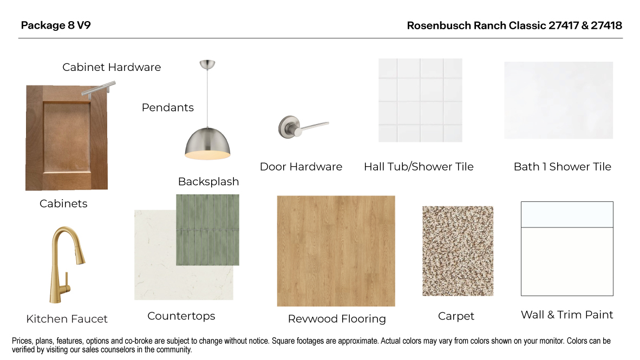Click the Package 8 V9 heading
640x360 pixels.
56,25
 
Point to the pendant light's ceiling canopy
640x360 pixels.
207,64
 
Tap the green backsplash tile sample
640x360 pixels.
207,230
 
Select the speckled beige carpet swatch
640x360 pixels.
458,251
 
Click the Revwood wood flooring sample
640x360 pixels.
336,251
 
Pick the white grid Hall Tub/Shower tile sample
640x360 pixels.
420,100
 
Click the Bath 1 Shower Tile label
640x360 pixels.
562,167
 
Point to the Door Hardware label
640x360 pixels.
301,167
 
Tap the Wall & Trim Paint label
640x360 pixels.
566,315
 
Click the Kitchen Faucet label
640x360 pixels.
67,319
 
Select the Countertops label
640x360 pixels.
181,316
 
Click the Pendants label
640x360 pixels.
168,107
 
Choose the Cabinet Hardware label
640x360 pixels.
112,67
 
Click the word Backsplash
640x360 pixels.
208,181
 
